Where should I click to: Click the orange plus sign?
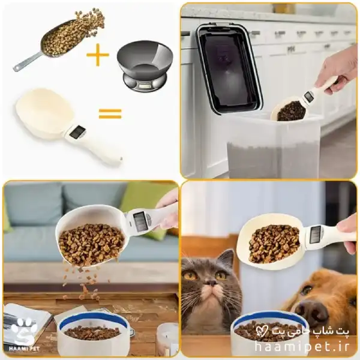98,55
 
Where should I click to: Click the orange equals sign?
110,113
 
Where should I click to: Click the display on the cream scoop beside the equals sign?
77,132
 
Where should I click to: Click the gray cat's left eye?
191,275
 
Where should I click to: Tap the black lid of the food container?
227,69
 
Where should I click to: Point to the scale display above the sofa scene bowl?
140,221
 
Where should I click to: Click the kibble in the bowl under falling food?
92,332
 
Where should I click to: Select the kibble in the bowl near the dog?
266,330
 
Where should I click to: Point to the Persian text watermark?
302,331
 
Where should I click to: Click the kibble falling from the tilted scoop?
85,283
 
